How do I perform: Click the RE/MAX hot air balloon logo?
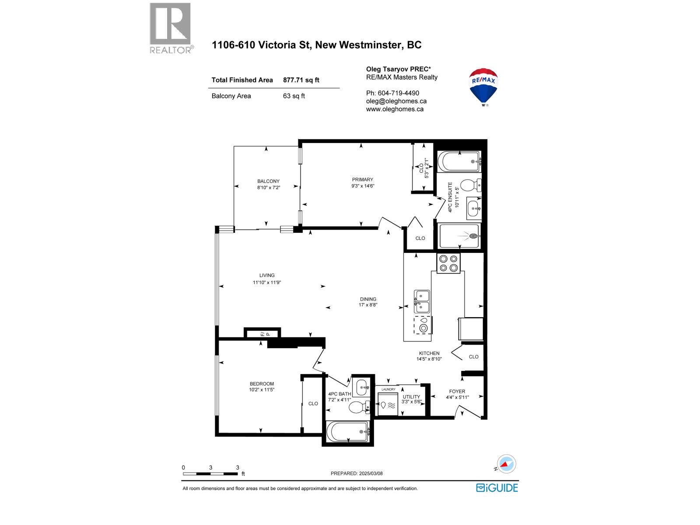point(483,86)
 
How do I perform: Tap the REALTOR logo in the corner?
point(171,28)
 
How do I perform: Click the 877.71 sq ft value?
point(301,80)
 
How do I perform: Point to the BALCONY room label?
point(268,181)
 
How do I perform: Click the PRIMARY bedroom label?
point(363,179)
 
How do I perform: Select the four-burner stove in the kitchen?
point(448,263)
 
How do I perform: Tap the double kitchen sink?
point(422,301)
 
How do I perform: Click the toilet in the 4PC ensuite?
point(470,186)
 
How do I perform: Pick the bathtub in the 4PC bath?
point(348,432)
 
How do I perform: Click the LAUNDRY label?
point(388,389)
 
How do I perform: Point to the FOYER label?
point(457,392)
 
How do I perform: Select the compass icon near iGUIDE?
point(506,464)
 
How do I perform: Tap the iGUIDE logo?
point(497,488)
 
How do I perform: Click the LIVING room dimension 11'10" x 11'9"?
point(267,283)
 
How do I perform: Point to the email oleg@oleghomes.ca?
point(396,101)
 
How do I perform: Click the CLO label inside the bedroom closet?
point(313,403)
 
